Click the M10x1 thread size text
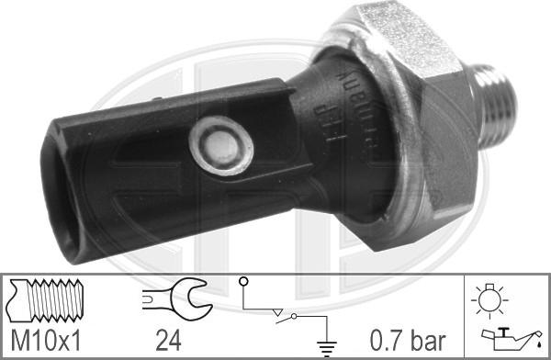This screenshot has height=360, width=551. coord(45,341)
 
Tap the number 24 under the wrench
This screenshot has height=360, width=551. coord(167,341)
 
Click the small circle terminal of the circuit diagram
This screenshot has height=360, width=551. coord(242,280)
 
